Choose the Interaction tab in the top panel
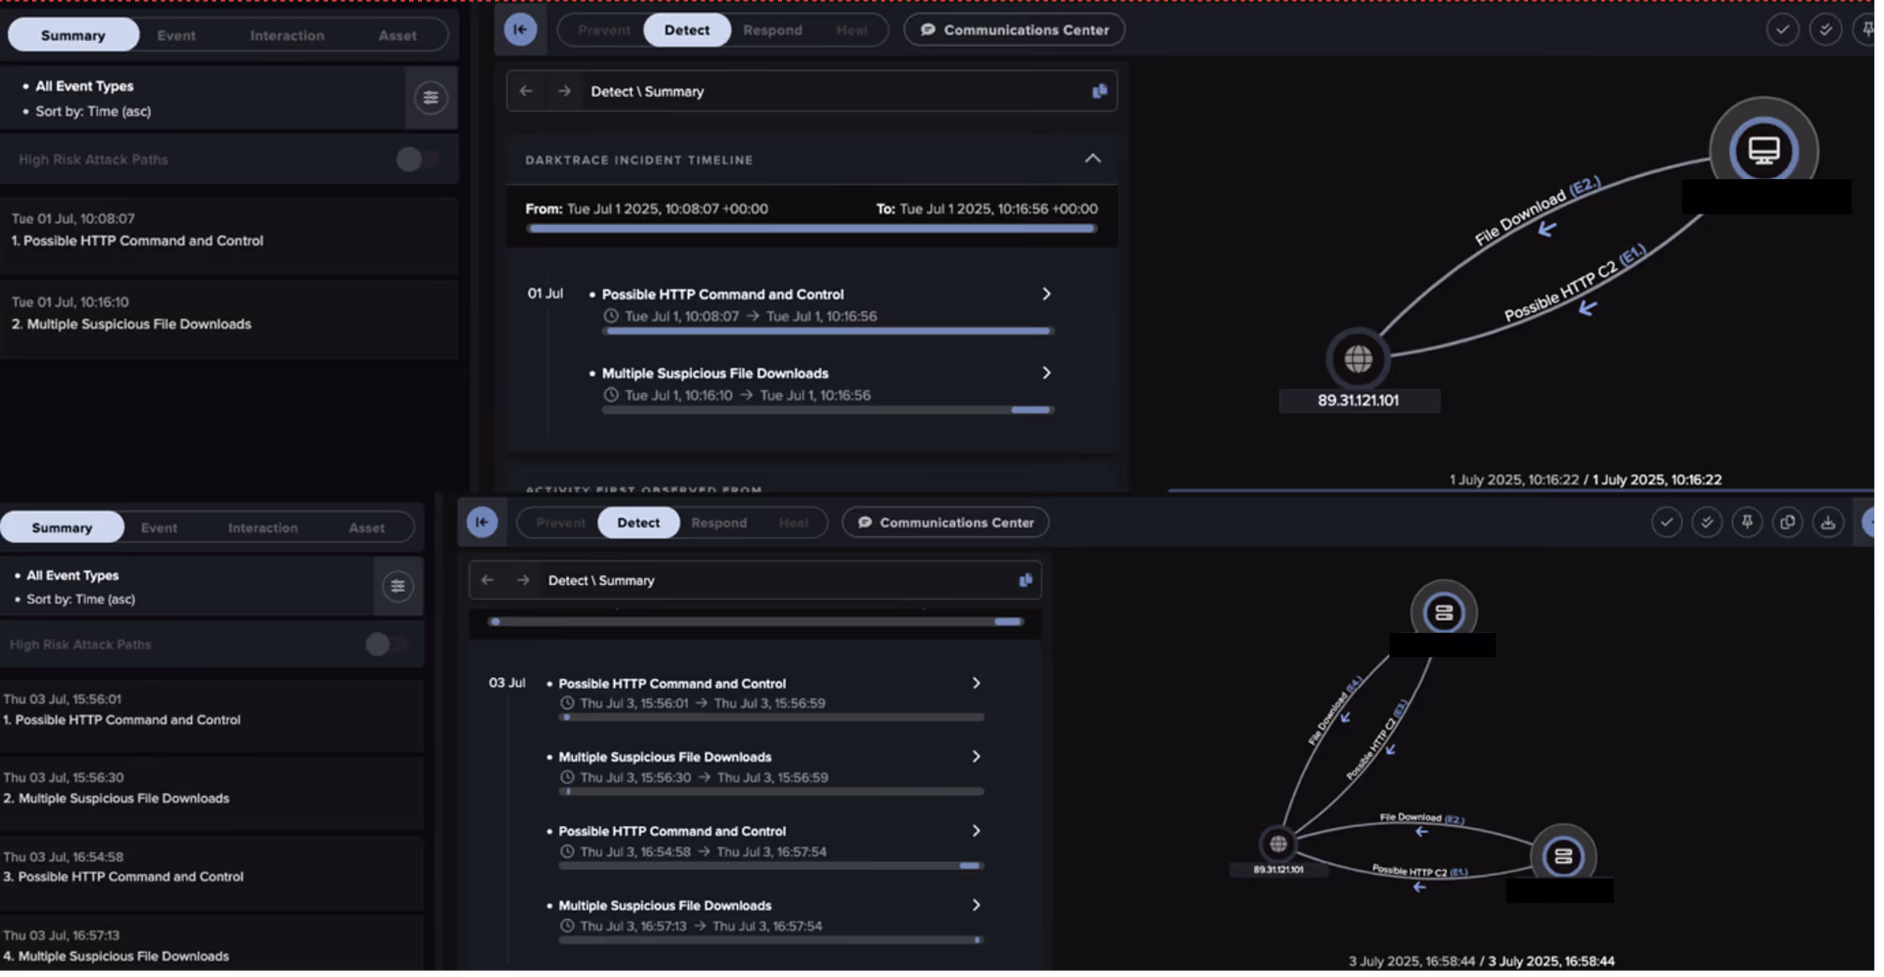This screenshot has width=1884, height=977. click(x=289, y=36)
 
